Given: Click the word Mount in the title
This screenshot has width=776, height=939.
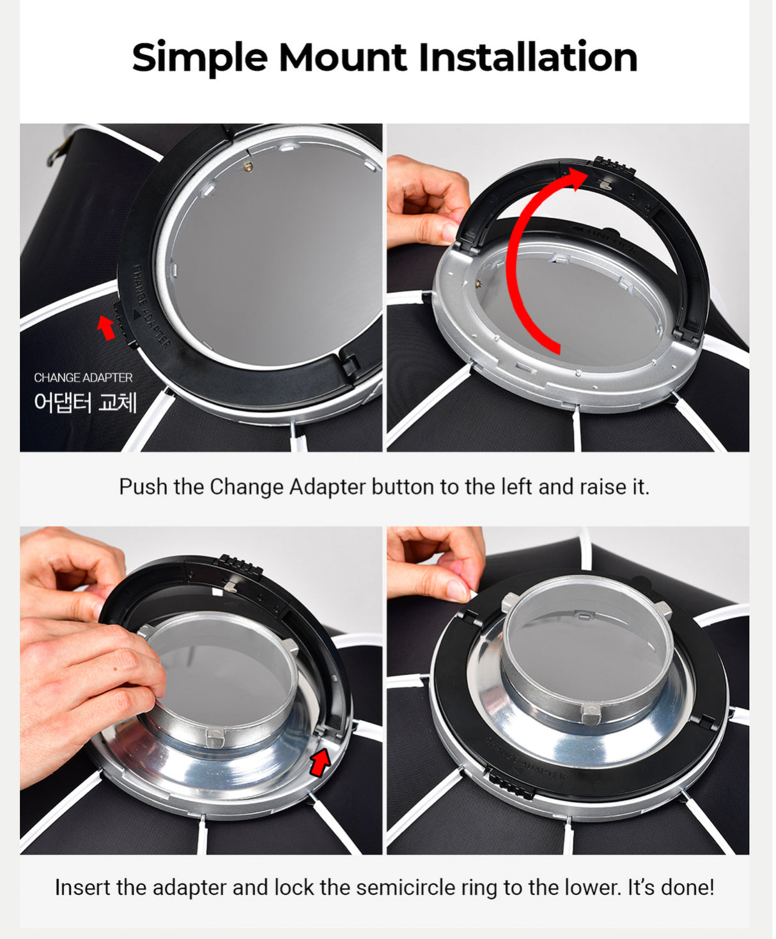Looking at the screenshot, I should pos(343,58).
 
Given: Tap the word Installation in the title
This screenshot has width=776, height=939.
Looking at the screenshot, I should pos(527,58).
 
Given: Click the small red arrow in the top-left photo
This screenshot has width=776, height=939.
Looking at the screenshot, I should pos(105,327).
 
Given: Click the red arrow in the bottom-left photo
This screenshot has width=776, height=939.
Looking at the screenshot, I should pos(320,762).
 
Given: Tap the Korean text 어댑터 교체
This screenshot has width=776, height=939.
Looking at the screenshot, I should pos(85,402).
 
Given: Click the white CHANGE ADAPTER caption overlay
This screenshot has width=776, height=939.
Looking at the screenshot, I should pos(83,378).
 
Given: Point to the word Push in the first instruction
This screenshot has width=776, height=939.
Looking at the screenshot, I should pos(143,487).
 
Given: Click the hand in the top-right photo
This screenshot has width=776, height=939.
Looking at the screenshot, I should pos(425,201).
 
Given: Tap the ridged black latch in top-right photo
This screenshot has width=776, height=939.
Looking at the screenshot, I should pos(614,166).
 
